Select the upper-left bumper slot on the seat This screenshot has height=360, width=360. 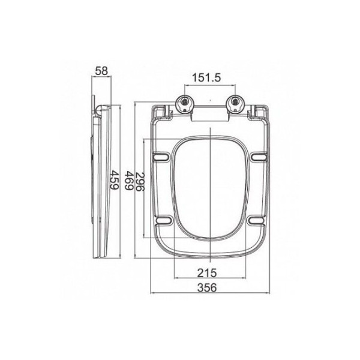[161, 157]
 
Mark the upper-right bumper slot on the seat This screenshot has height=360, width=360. [258, 157]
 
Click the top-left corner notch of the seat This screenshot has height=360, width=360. [159, 112]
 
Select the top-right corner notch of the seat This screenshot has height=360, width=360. [261, 112]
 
